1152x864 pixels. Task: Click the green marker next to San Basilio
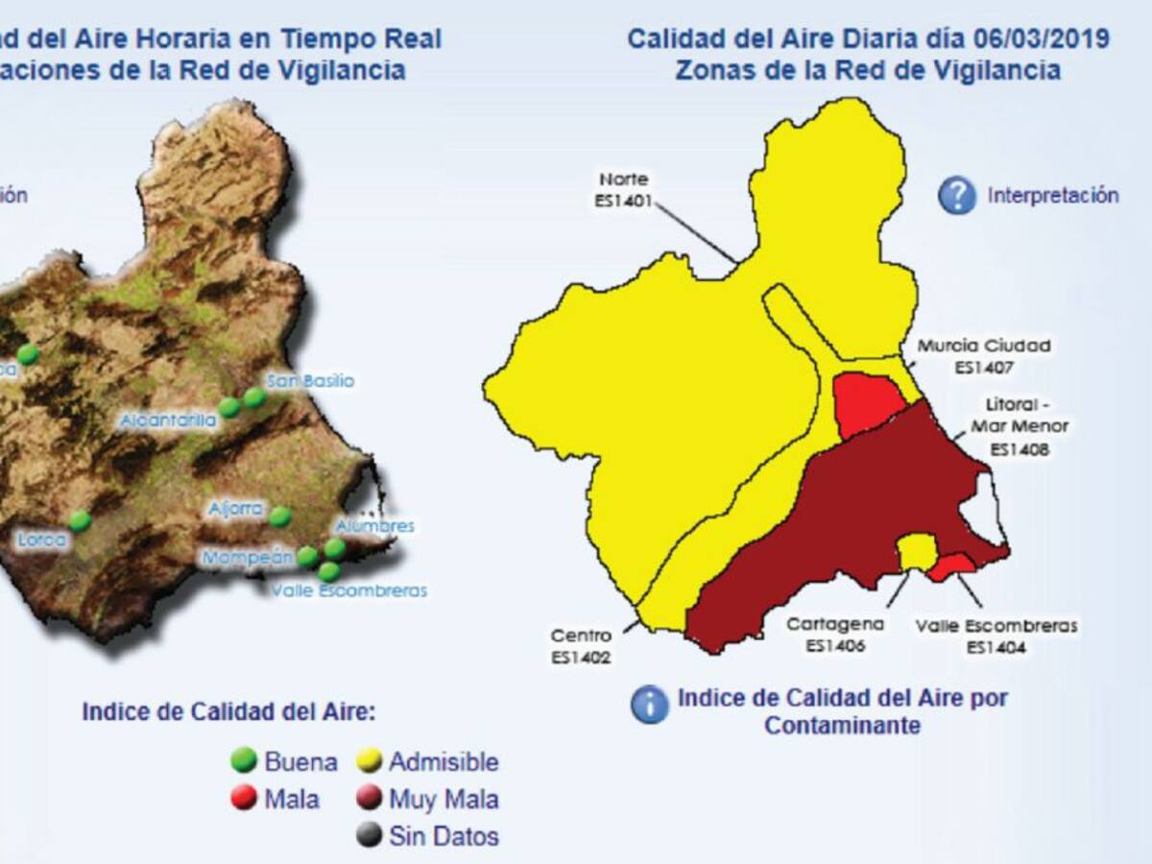(x=254, y=396)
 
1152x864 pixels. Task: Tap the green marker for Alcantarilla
(x=228, y=407)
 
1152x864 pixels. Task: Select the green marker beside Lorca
(x=80, y=521)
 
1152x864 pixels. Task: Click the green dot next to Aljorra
(x=279, y=516)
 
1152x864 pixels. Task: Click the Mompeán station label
(x=246, y=558)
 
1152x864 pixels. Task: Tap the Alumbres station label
(x=374, y=526)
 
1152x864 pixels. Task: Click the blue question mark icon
(x=957, y=195)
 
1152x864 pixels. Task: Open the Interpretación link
(x=1053, y=195)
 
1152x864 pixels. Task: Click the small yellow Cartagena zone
(x=917, y=551)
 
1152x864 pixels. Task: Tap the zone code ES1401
(x=624, y=202)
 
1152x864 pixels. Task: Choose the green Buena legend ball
(x=245, y=761)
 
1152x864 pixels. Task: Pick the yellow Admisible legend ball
(x=369, y=761)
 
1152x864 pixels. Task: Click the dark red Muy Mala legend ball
(x=369, y=799)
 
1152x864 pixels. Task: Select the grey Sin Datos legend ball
(x=369, y=835)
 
